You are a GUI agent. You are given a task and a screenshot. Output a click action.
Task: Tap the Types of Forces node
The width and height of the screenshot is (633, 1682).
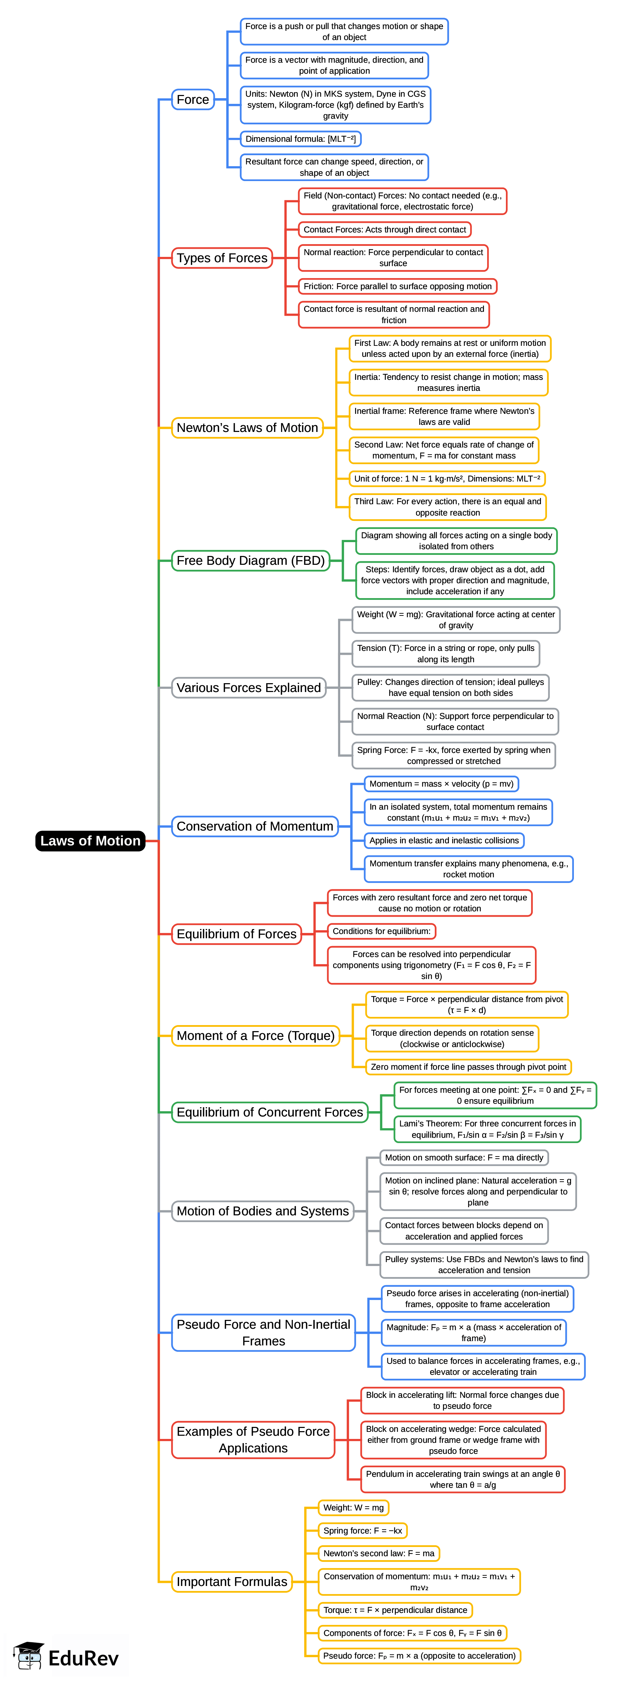222,258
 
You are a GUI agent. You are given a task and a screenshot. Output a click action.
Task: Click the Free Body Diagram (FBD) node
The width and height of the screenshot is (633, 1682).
251,560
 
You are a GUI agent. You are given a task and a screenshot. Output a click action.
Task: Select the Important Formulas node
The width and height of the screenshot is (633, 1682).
232,1581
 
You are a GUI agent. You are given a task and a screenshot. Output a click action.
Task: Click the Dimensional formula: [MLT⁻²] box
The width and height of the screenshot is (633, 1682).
300,139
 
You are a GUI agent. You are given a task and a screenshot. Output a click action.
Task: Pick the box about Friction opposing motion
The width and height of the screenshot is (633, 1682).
398,286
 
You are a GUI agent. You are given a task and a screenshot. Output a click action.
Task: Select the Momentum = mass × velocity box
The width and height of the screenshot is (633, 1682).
441,783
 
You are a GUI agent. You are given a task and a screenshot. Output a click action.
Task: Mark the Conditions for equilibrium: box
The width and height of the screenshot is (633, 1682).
381,931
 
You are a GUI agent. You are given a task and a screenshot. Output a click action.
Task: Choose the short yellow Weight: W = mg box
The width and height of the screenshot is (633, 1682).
353,1508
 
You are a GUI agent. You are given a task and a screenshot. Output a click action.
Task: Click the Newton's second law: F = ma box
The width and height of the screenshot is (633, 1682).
378,1553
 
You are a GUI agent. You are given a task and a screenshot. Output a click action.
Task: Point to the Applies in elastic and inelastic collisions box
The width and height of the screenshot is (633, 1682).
444,840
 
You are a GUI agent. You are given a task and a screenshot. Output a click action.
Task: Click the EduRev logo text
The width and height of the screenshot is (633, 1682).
83,1659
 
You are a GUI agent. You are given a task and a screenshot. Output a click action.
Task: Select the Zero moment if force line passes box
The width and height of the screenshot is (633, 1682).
468,1067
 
